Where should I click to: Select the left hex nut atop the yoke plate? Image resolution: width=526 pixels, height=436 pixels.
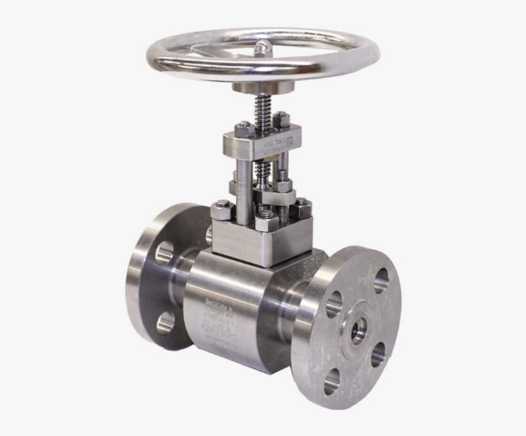coord(245,129)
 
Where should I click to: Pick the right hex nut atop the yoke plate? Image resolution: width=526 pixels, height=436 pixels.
coord(281,120)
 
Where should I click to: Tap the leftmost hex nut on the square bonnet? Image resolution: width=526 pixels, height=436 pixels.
coord(222,208)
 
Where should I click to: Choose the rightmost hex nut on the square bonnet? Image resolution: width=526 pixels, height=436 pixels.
coord(301,207)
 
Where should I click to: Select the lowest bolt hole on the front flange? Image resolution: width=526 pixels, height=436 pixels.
coord(332,384)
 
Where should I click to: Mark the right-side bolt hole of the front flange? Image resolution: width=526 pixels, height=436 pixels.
coord(378,353)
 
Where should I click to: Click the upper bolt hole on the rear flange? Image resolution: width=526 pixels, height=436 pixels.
coord(164,253)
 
